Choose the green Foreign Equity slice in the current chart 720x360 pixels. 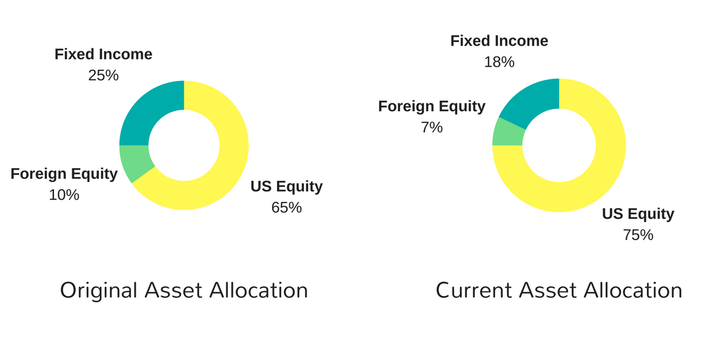pos(507,133)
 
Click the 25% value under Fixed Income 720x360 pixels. pos(103,75)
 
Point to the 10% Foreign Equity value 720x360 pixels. pos(64,195)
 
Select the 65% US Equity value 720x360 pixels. pos(287,207)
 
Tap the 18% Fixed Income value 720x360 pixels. pos(499,62)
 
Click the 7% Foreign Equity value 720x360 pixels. pos(432,127)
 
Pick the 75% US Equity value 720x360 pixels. pos(638,235)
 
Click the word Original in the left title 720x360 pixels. pos(98,291)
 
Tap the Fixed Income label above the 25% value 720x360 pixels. pos(103,54)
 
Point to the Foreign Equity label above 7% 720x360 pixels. pos(432,107)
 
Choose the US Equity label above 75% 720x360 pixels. pos(638,214)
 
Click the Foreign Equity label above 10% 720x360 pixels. pos(64,174)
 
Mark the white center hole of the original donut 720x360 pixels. pos(184,146)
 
